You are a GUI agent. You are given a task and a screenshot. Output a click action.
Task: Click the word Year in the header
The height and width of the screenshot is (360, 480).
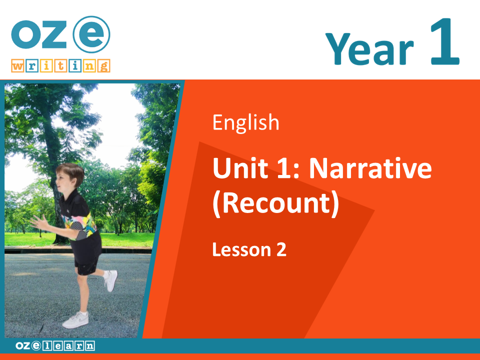click(369, 49)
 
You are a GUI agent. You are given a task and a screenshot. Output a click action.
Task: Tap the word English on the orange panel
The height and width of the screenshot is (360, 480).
click(246, 123)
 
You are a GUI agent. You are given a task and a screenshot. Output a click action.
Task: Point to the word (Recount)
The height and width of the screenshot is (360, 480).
click(276, 203)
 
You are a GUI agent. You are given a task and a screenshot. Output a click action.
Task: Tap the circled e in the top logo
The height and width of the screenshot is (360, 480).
click(91, 34)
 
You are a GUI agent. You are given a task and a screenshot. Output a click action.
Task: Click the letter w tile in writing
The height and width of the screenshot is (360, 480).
click(18, 66)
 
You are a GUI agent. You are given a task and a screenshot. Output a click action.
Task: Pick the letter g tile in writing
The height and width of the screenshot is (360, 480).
click(104, 66)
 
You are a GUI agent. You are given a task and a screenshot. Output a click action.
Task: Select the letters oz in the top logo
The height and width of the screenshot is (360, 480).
click(39, 34)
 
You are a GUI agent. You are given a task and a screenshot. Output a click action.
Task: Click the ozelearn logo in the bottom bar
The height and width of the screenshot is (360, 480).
click(55, 346)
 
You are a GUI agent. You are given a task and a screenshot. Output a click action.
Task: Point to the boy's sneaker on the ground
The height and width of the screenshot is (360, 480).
click(75, 320)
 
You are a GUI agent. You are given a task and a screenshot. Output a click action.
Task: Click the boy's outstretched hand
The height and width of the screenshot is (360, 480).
click(38, 222)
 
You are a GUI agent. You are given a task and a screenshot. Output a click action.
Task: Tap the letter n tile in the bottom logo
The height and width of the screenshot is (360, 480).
click(90, 346)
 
